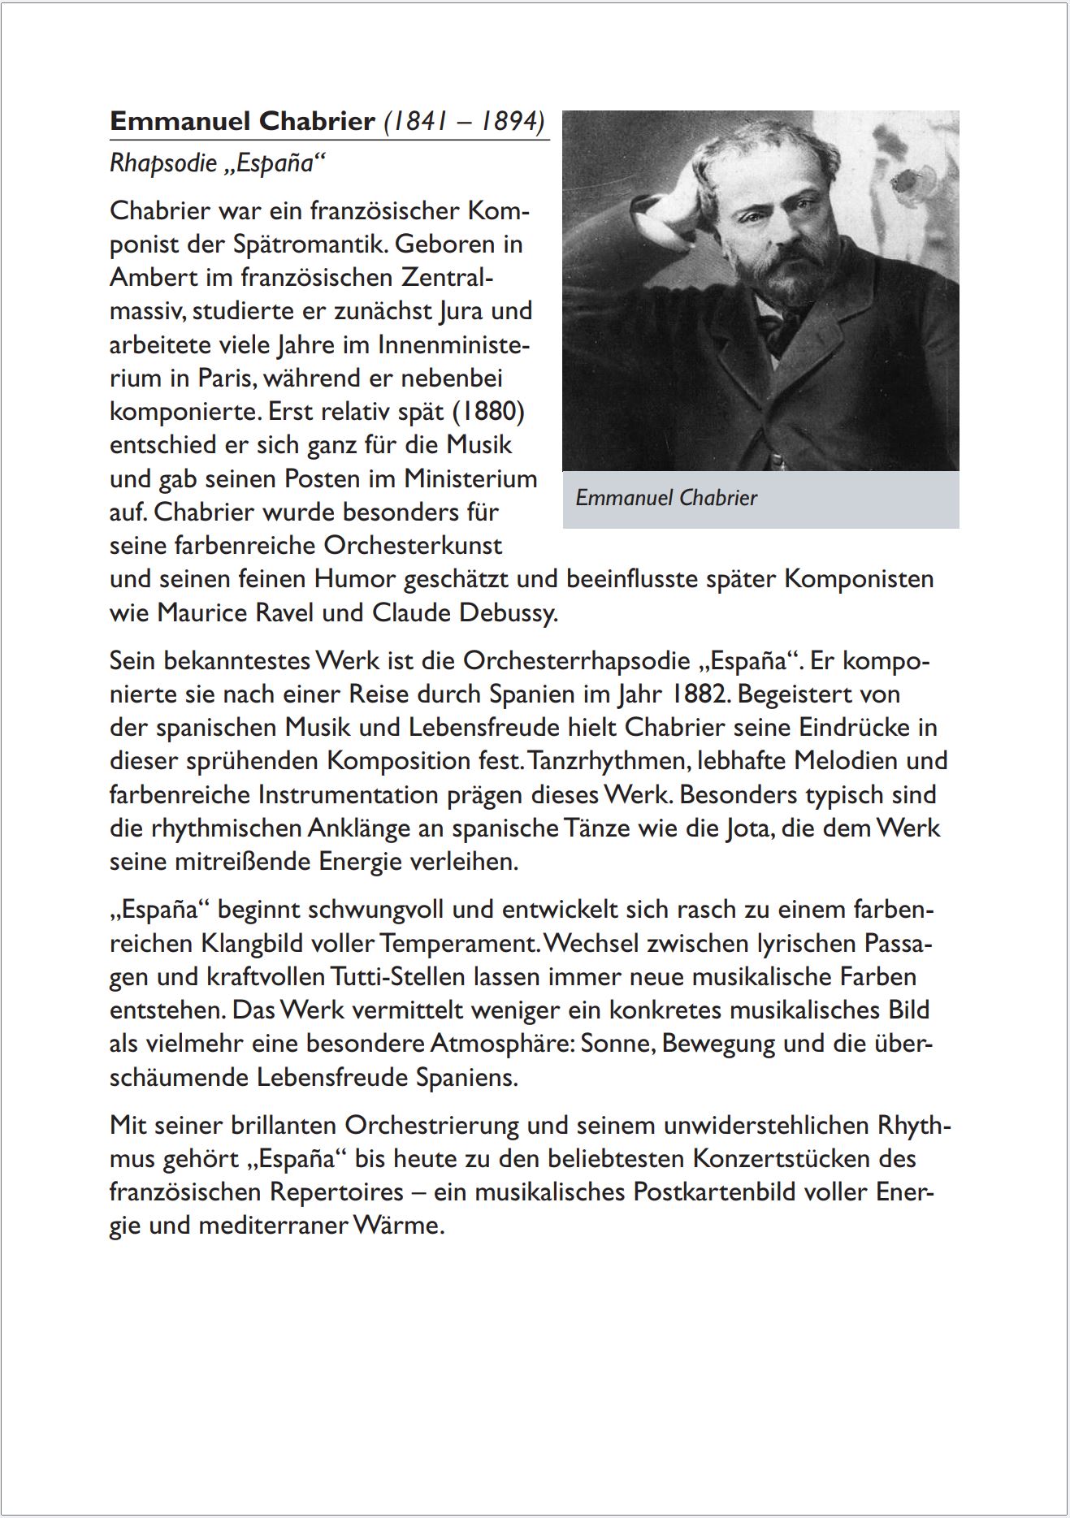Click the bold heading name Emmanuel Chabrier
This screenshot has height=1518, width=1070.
point(242,121)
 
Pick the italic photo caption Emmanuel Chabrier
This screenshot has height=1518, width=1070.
point(666,497)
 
